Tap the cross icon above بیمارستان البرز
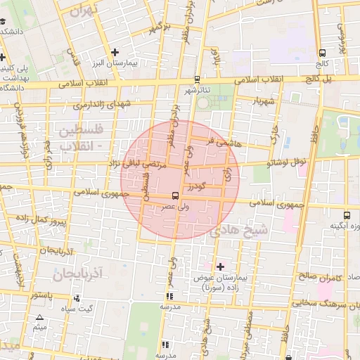[x=115, y=53]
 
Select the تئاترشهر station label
[x=197, y=91]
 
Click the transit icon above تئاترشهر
[x=197, y=79]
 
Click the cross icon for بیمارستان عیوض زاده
[x=220, y=266]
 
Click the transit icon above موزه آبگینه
[x=346, y=215]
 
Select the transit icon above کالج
[x=322, y=53]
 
